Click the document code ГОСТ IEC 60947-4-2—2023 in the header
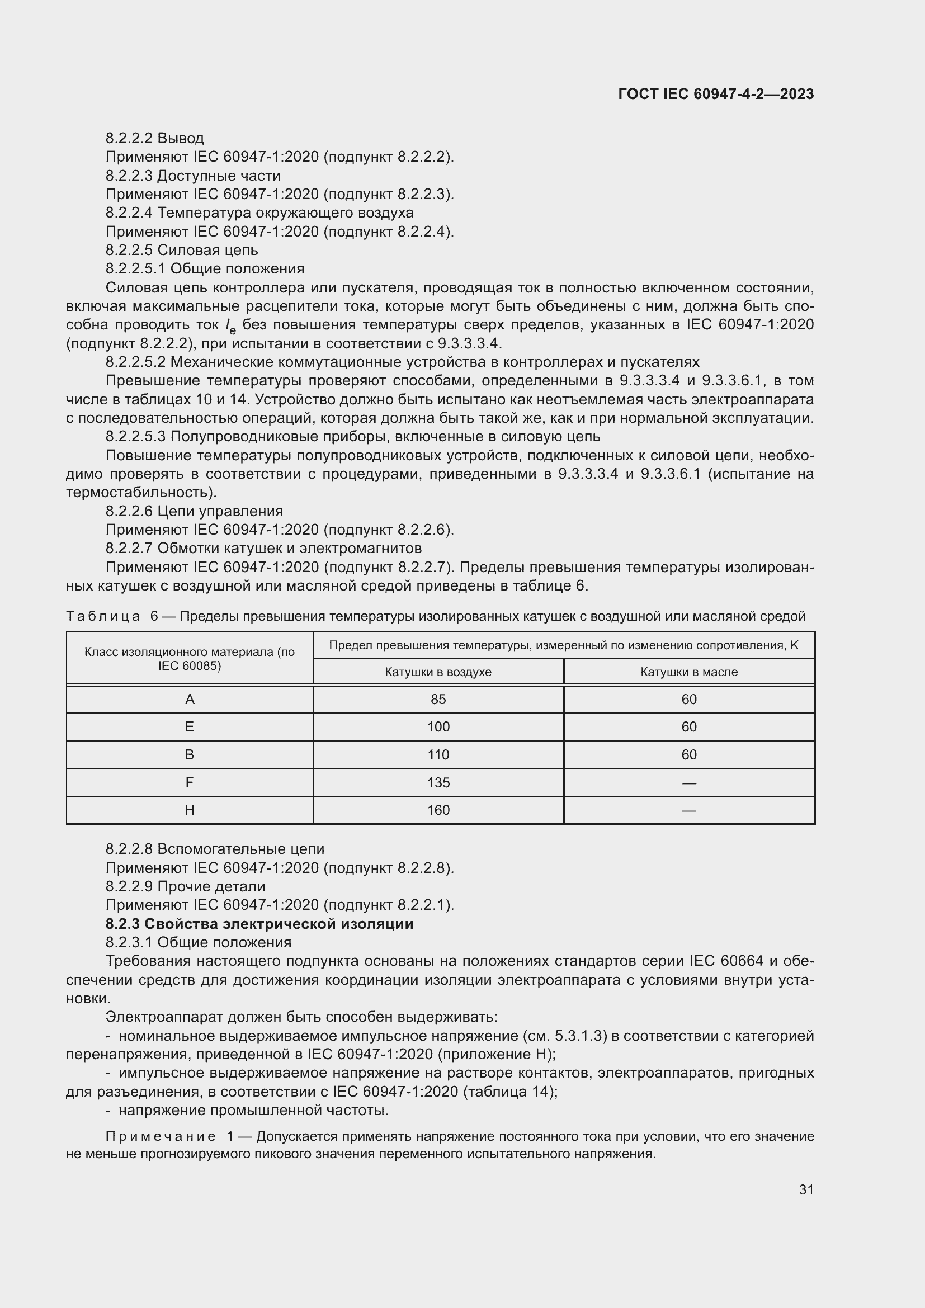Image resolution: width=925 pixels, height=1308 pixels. point(715,94)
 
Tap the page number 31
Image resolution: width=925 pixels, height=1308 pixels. point(806,1189)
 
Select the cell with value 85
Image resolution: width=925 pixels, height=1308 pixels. point(438,699)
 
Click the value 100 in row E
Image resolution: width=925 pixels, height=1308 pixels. point(438,726)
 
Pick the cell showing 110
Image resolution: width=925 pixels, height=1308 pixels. point(438,754)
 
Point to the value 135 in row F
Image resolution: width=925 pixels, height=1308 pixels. point(438,782)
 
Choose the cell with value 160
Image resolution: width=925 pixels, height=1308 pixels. point(438,810)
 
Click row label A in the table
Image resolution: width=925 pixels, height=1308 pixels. point(190,699)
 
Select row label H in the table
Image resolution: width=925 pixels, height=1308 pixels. point(190,810)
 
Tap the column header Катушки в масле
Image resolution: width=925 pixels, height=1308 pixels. point(688,672)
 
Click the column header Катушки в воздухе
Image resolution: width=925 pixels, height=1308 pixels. point(438,672)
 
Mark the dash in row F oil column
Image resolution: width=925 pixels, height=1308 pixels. point(688,783)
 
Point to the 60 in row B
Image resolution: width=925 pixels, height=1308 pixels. point(688,754)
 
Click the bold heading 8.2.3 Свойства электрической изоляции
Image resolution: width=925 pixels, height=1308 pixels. point(259,923)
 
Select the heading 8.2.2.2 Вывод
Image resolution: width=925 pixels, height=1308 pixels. point(154,138)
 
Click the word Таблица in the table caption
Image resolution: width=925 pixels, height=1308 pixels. point(103,616)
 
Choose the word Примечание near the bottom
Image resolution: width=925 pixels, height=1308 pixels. point(161,1136)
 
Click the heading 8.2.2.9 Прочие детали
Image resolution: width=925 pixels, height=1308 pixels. point(185,886)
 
